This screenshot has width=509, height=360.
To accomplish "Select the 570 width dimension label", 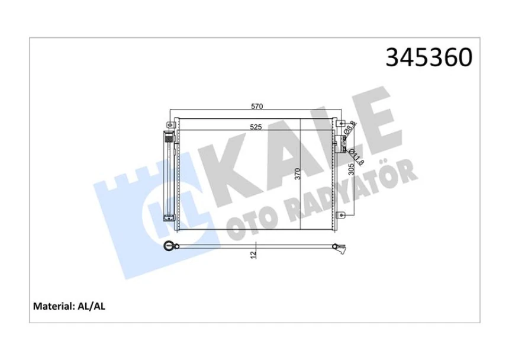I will tap(256, 107).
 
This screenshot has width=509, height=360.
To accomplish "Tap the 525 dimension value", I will tap(256, 127).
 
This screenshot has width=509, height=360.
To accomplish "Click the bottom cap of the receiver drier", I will tap(167, 217).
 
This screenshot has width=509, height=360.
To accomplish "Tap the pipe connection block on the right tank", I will tap(342, 142).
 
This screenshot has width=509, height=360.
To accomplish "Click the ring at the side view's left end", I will tap(170, 246).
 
